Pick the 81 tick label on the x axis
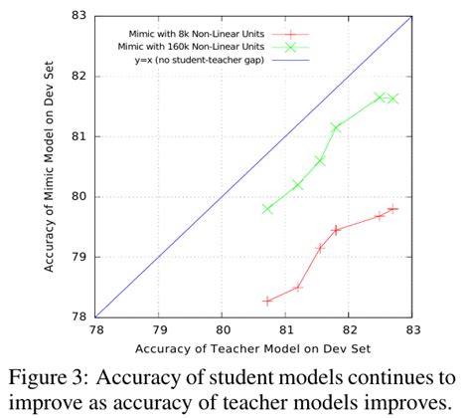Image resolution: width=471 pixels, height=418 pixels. coord(286,330)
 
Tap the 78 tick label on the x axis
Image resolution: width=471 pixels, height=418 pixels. coord(96,330)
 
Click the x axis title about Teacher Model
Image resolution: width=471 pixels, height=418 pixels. coord(253,349)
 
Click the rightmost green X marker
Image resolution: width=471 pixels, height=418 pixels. coord(393,99)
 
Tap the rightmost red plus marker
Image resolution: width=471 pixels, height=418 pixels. coord(393,209)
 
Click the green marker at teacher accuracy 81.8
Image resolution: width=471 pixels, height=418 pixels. coord(336,127)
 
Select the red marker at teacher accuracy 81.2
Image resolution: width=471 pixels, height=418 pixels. coord(298,288)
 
